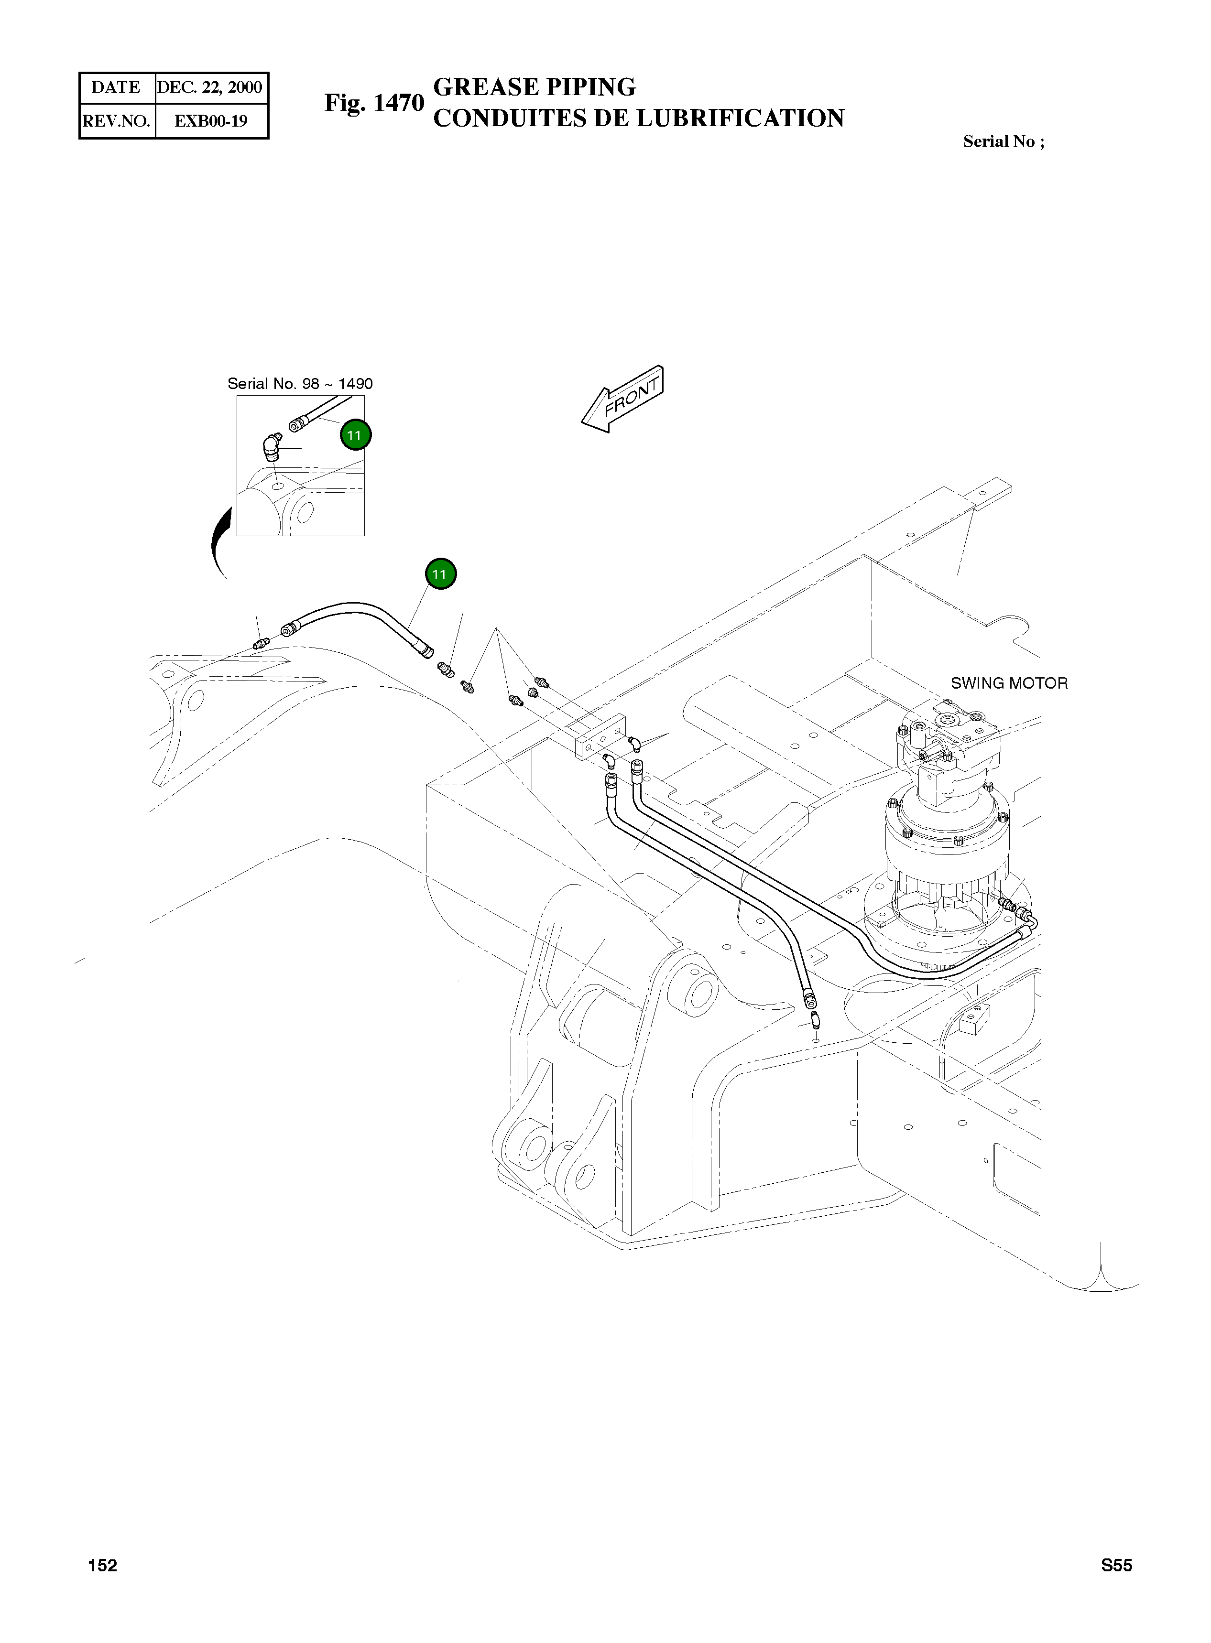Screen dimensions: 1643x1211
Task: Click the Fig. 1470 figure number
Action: tap(374, 103)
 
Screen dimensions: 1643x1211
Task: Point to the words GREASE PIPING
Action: tap(535, 87)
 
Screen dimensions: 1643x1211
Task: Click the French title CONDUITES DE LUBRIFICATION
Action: tap(638, 119)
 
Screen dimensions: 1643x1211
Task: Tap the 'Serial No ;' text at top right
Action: tap(1003, 141)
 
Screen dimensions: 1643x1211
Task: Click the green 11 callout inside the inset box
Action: tap(355, 435)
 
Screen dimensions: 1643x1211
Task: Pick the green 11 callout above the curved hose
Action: tap(440, 574)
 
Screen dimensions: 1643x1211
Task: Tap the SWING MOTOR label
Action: tap(1009, 683)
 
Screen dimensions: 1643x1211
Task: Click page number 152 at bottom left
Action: tap(103, 1565)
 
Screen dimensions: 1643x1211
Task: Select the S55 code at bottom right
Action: tap(1116, 1565)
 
